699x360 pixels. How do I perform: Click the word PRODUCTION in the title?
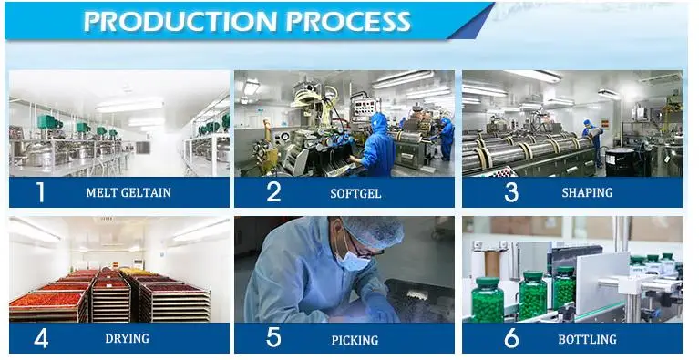click(180, 21)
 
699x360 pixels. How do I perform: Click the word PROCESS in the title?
click(348, 21)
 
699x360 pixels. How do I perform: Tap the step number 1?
click(41, 192)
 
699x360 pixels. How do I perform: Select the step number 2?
click(273, 191)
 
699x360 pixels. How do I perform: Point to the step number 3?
click(511, 192)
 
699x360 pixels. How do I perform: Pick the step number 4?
click(41, 339)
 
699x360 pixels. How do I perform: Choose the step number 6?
click(511, 338)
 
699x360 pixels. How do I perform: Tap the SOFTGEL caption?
click(355, 194)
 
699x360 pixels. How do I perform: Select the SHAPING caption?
click(587, 192)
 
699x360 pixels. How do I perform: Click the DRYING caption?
click(127, 339)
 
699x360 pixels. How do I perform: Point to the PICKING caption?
click(355, 340)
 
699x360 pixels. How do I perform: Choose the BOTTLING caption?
click(588, 340)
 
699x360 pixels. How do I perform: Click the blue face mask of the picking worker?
click(351, 260)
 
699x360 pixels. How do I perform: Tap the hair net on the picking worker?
click(374, 230)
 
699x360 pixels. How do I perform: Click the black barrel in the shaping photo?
click(620, 161)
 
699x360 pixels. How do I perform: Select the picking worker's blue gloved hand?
click(381, 306)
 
